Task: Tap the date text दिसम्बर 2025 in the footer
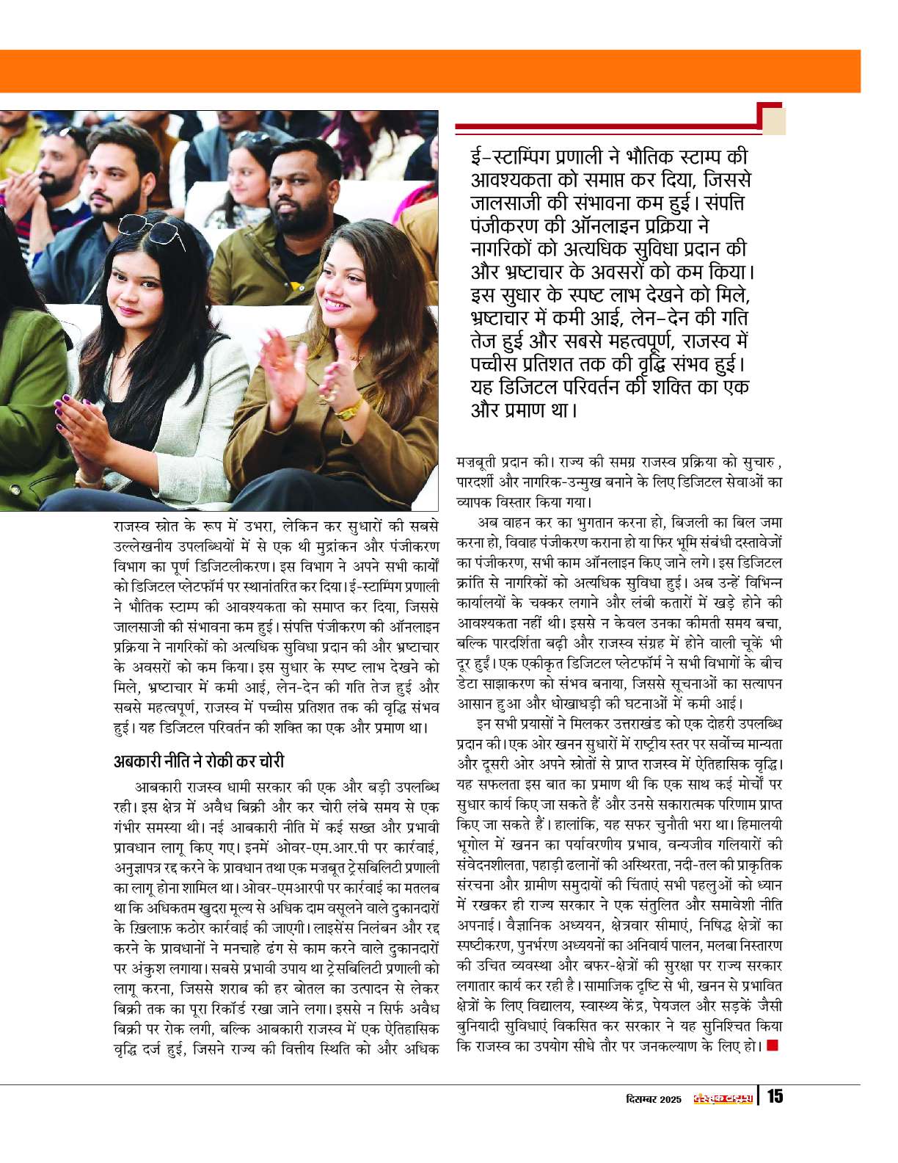[x=654, y=1098]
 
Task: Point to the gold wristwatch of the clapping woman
[x=350, y=406]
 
